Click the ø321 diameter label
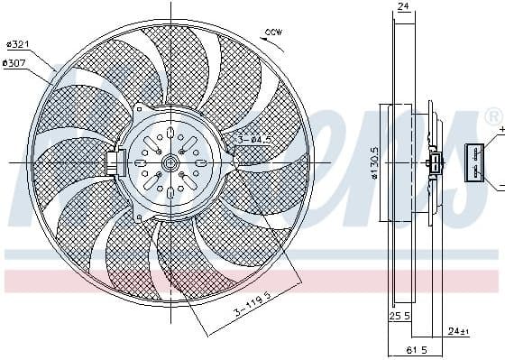click(x=19, y=44)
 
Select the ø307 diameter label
click(x=15, y=62)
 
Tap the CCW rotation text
click(x=272, y=33)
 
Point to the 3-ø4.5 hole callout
click(x=256, y=139)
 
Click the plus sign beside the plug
click(x=500, y=131)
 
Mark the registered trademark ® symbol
click(x=492, y=116)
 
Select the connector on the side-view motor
click(x=436, y=163)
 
